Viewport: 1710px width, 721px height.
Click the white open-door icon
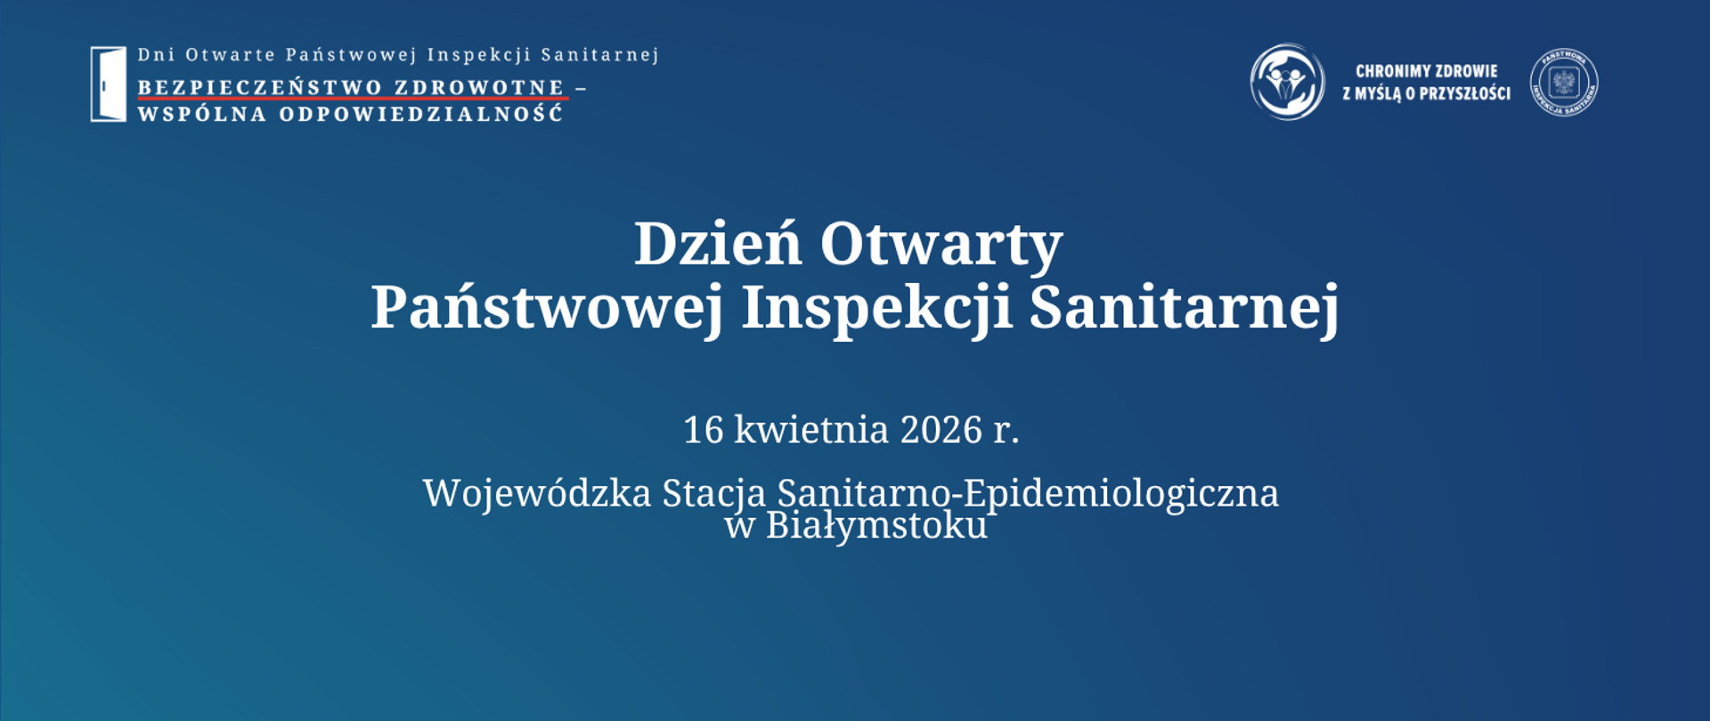click(108, 84)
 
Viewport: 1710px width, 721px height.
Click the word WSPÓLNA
click(202, 114)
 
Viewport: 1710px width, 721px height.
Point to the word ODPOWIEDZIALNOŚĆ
click(421, 114)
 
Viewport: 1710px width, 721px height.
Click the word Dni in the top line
click(156, 55)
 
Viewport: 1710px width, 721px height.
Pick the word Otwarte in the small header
click(230, 55)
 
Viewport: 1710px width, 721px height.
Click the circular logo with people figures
click(1287, 82)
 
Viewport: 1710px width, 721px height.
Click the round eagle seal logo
click(1564, 83)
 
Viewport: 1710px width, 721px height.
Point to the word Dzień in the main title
click(717, 244)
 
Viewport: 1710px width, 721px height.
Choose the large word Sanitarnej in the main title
click(1184, 308)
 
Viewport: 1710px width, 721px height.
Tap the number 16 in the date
click(703, 430)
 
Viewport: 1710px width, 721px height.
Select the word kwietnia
click(811, 430)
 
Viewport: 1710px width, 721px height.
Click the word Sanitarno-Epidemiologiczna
click(1028, 494)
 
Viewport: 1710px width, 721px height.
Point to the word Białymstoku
click(876, 526)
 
